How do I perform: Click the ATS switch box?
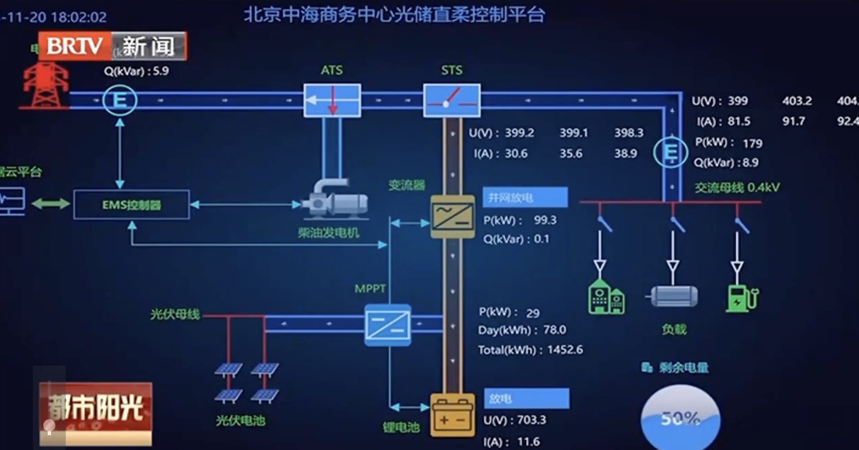point(332,100)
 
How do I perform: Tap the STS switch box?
point(452,100)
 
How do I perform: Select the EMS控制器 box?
point(132,204)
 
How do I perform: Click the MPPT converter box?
point(388,324)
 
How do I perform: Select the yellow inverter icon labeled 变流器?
point(452,217)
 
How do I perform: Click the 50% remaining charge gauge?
point(680,418)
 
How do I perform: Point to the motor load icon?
point(673,296)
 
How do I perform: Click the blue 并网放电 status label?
point(525,197)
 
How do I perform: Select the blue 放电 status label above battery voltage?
point(526,398)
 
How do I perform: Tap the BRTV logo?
point(75,46)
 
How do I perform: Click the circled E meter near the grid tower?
point(120,100)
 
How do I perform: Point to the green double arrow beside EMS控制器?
point(50,204)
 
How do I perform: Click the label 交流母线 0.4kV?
point(737,187)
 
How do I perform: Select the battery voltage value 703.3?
point(531,420)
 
